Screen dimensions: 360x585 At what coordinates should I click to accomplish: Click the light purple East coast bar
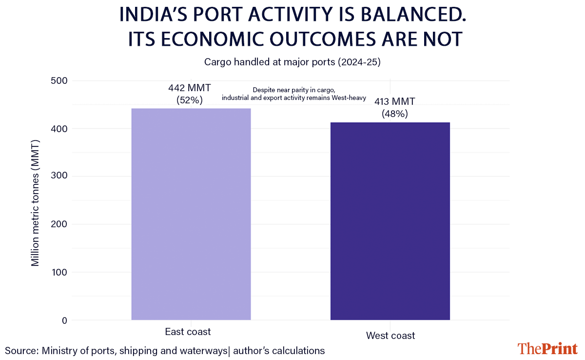click(191, 214)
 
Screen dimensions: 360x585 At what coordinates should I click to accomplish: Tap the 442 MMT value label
click(190, 88)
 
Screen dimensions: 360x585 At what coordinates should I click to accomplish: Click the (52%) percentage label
click(190, 100)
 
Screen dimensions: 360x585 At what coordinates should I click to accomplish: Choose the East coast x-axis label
click(188, 332)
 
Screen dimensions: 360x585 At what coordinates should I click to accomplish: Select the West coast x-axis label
click(390, 336)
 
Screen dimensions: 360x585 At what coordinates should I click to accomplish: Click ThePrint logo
click(547, 348)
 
